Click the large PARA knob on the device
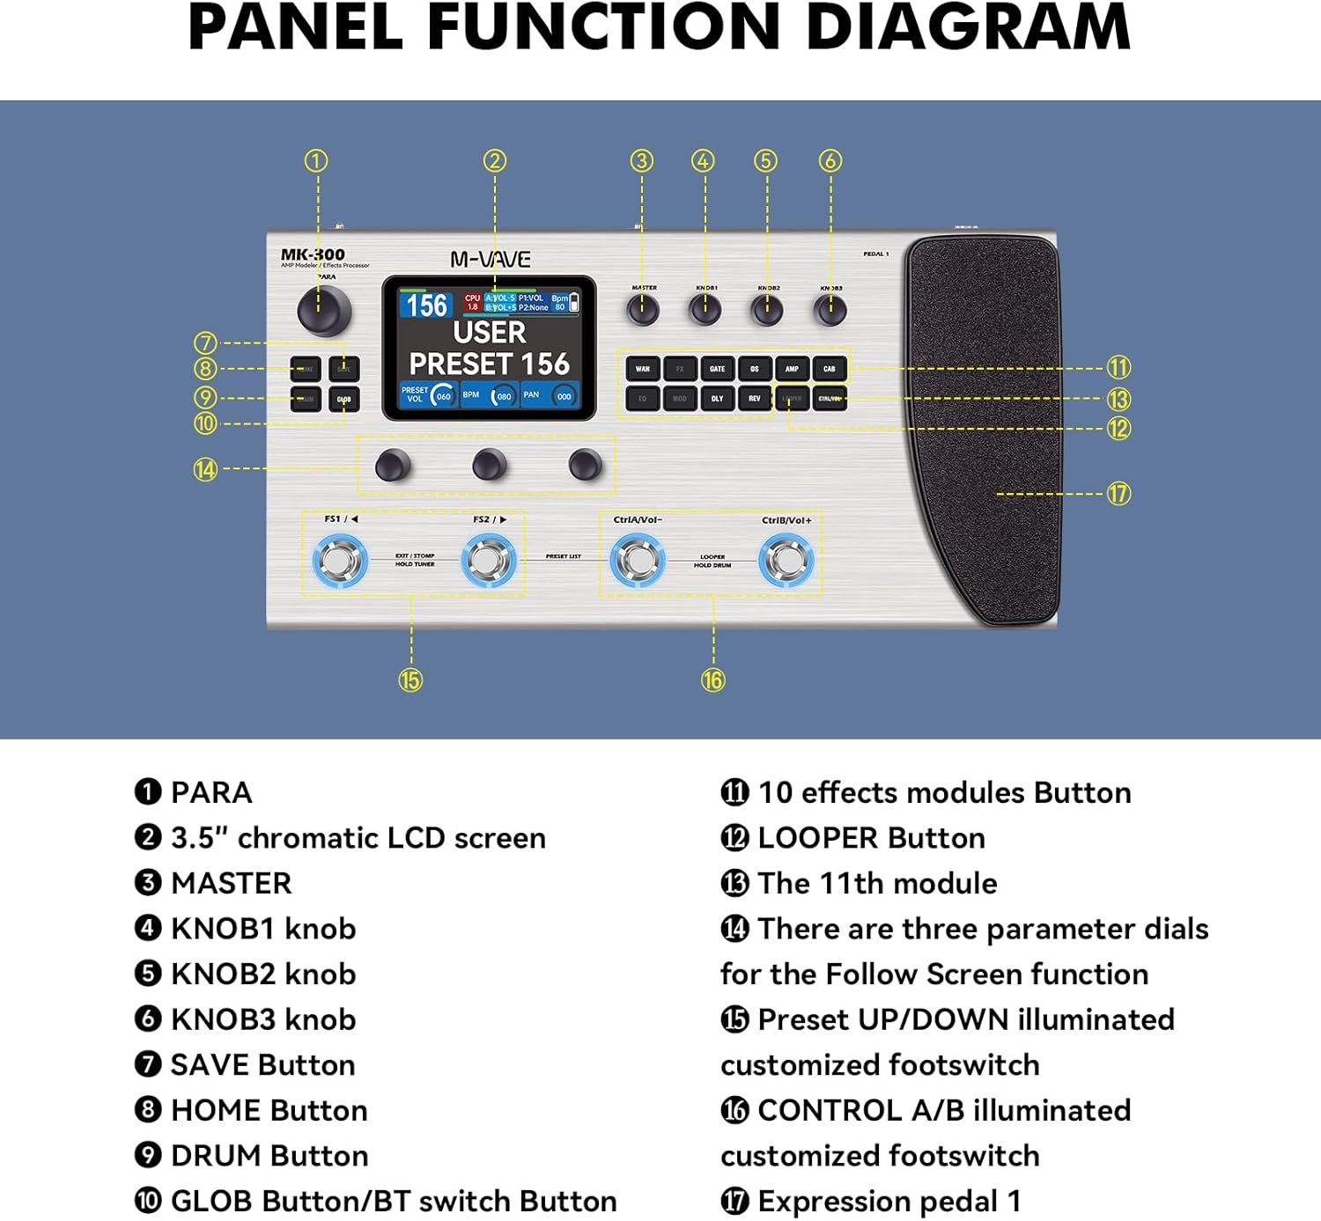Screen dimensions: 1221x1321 coord(324,310)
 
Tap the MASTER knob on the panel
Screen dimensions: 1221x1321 coord(643,309)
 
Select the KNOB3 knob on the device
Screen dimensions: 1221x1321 coord(830,309)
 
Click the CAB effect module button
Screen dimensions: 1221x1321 coord(830,369)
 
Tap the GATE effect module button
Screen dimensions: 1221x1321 coord(718,369)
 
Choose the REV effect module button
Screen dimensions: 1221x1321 coord(755,399)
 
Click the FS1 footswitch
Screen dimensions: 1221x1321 coord(340,560)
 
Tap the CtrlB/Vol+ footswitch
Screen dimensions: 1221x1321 coord(786,560)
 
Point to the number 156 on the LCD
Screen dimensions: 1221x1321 coord(427,305)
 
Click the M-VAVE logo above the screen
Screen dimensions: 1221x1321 coord(491,260)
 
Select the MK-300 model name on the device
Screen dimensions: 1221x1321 coord(313,254)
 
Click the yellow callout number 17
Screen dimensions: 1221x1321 coord(1118,494)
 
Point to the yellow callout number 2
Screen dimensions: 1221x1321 coord(495,160)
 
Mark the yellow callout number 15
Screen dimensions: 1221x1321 coord(410,680)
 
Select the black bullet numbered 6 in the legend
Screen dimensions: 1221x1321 coord(148,1019)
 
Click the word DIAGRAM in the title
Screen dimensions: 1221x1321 coord(967,28)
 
